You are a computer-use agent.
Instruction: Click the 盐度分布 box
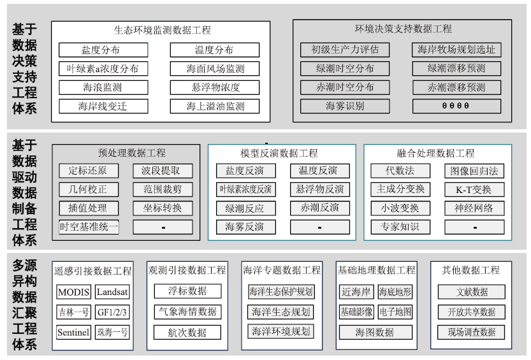(x=103, y=50)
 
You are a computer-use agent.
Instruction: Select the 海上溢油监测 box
(x=215, y=106)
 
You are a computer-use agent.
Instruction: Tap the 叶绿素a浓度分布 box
(x=103, y=69)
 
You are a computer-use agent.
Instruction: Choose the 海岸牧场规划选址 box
(x=456, y=50)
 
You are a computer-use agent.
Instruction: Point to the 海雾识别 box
(x=345, y=106)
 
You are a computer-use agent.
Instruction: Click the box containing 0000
(x=456, y=106)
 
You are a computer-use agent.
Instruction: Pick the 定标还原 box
(x=89, y=171)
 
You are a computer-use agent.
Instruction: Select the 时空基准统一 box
(x=89, y=227)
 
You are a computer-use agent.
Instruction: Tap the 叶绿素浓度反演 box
(x=246, y=189)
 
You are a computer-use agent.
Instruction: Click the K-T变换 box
(x=474, y=189)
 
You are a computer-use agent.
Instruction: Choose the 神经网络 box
(x=474, y=208)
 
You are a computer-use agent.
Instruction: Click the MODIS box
(x=73, y=292)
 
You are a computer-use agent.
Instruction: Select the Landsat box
(x=112, y=292)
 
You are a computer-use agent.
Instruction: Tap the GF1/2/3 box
(x=112, y=312)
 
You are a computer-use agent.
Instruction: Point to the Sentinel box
(x=73, y=332)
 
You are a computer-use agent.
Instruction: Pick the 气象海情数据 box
(x=187, y=312)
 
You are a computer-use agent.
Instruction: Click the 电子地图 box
(x=395, y=312)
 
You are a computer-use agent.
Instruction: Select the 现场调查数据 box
(x=472, y=332)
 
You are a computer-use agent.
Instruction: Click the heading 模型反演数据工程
(x=279, y=154)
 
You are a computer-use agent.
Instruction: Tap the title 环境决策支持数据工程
(x=403, y=29)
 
